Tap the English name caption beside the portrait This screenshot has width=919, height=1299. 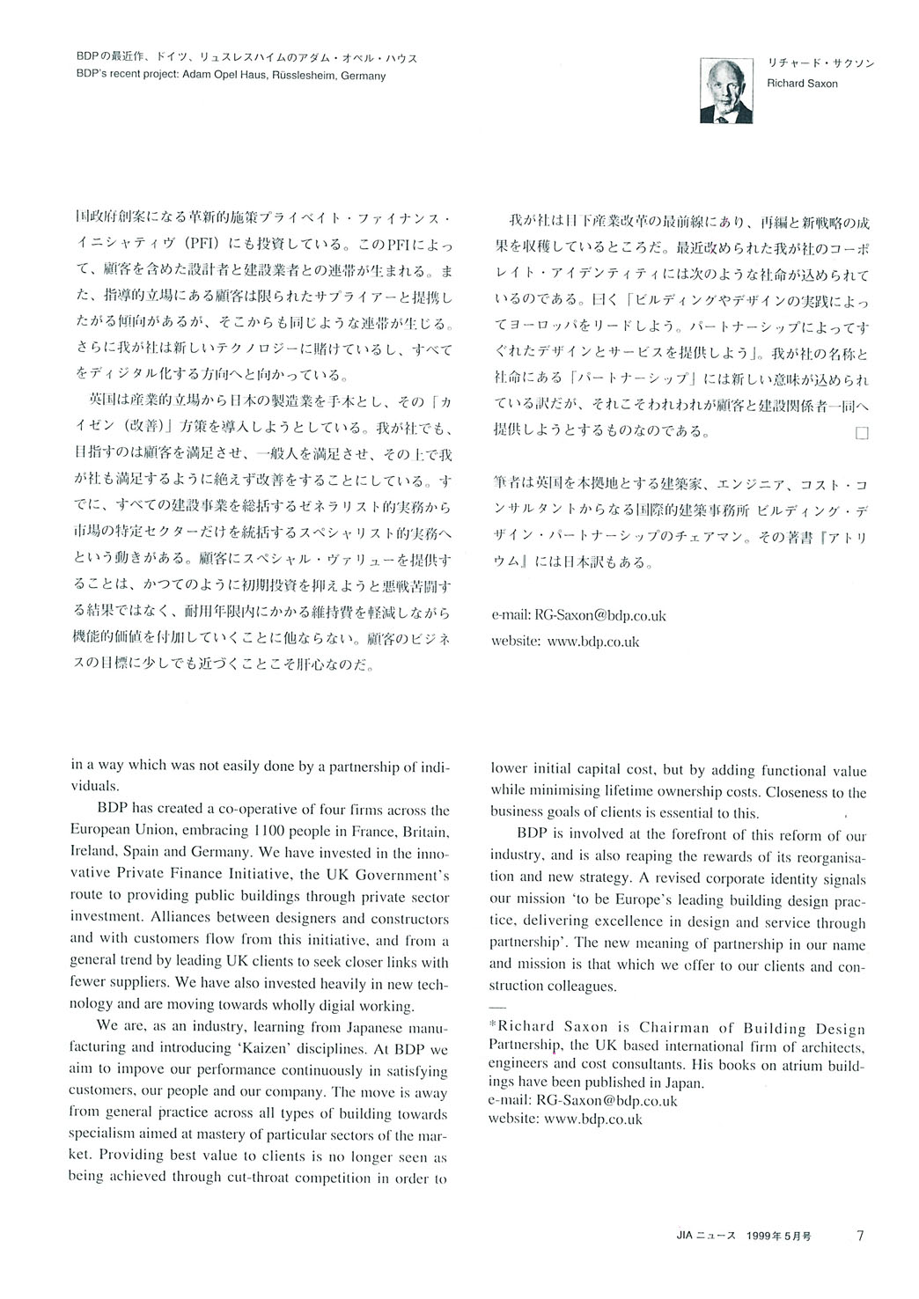click(802, 84)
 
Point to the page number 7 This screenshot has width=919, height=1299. click(860, 1235)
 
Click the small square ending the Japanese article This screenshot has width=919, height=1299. click(861, 432)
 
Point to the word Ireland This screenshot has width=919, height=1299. click(94, 853)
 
